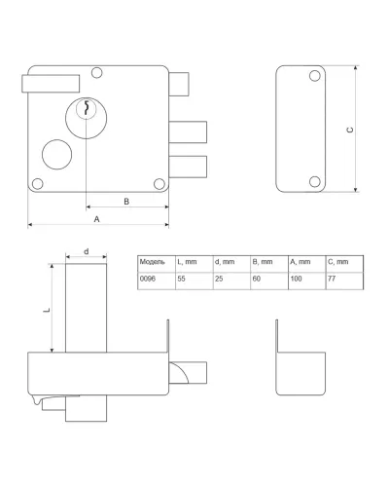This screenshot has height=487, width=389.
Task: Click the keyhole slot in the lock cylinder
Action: pyautogui.click(x=87, y=108)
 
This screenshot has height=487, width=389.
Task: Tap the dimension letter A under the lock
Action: pyautogui.click(x=96, y=219)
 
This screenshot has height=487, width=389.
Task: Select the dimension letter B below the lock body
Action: pyautogui.click(x=126, y=202)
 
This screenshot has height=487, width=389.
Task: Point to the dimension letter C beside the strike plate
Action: pyautogui.click(x=350, y=130)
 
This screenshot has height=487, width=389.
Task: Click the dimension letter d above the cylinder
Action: pyautogui.click(x=87, y=251)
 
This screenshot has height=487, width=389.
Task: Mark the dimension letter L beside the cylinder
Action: pyautogui.click(x=47, y=310)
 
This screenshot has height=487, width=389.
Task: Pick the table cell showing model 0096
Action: pyautogui.click(x=157, y=281)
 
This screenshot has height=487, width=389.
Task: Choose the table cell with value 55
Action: pyautogui.click(x=194, y=281)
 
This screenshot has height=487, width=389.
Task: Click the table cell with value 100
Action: pyautogui.click(x=307, y=281)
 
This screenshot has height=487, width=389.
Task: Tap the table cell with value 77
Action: pyautogui.click(x=344, y=281)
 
